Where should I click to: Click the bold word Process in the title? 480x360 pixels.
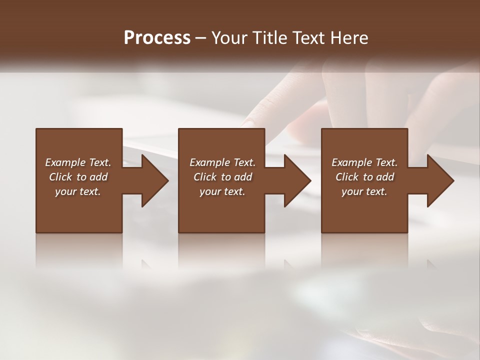tap(157, 38)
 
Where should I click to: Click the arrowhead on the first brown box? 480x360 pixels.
tap(150, 180)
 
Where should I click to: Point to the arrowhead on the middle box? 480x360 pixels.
tap(292, 180)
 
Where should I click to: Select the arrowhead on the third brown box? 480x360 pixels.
tap(435, 180)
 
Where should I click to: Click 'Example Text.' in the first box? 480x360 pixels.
tap(78, 162)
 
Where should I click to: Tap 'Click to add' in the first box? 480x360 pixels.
tap(78, 177)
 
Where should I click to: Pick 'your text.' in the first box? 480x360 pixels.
tap(78, 191)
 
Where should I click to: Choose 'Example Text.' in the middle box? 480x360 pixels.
tap(222, 162)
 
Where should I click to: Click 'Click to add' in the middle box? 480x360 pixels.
tap(222, 177)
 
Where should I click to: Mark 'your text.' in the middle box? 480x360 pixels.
tap(222, 191)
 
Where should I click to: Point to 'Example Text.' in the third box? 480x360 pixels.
tap(364, 162)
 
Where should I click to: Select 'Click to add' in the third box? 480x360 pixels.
tap(365, 177)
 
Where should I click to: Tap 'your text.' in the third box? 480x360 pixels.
tap(364, 191)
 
